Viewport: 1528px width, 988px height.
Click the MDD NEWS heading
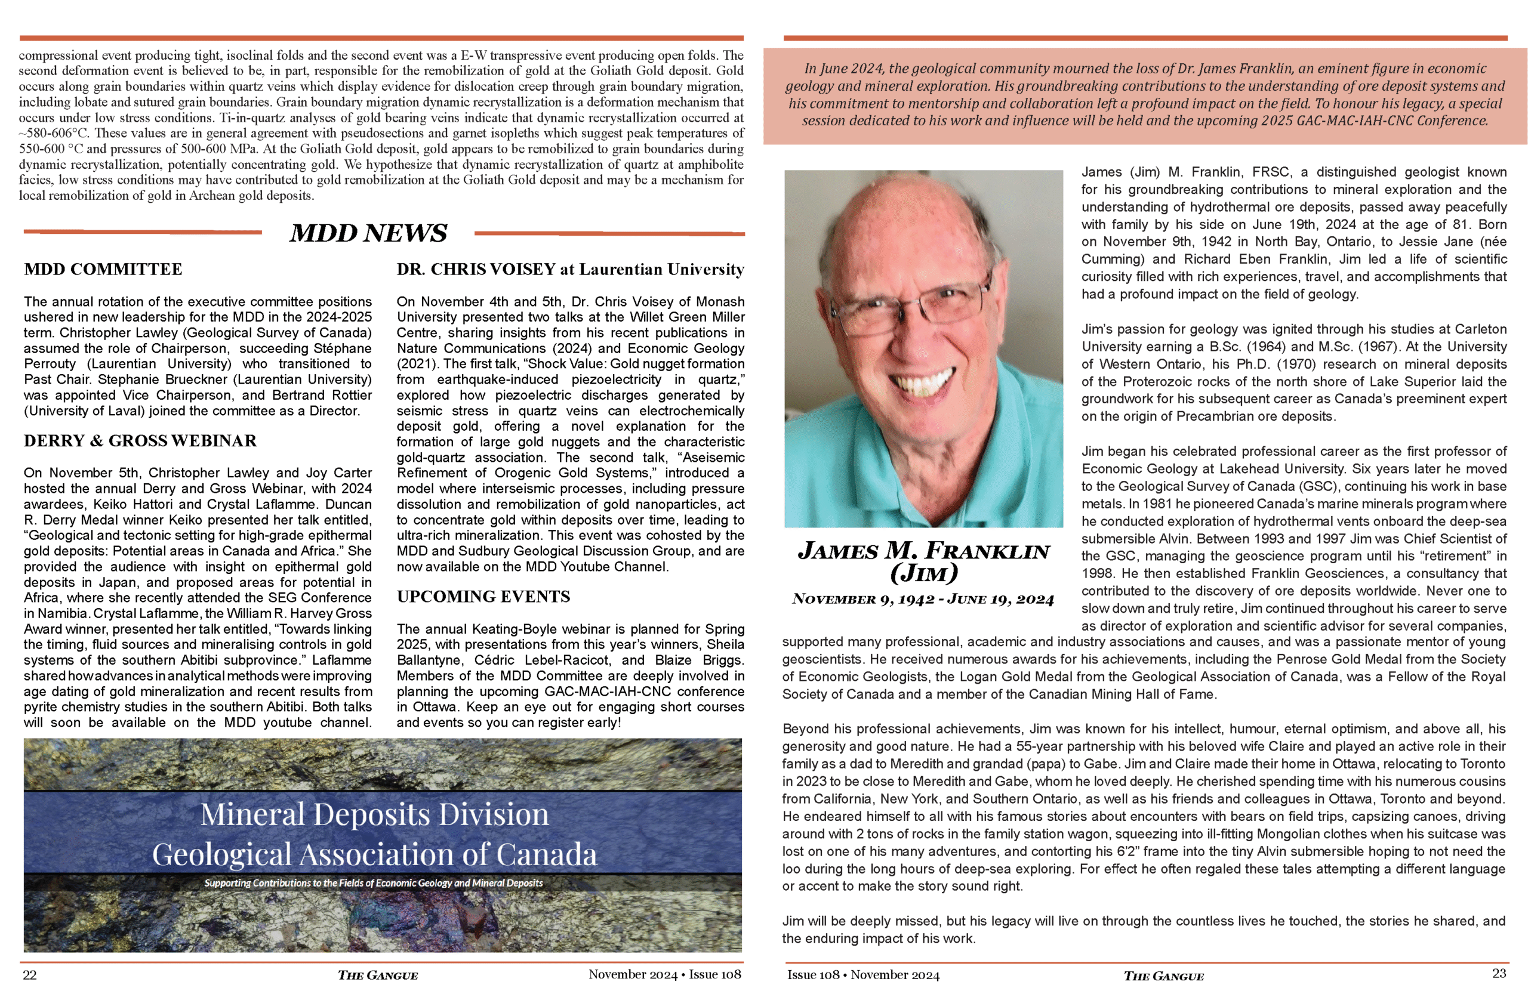[368, 233]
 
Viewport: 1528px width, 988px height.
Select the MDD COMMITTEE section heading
[103, 270]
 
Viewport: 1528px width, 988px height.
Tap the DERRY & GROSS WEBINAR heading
[140, 441]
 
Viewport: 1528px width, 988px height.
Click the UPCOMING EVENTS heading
[483, 597]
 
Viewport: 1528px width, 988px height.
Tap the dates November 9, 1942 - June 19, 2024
[923, 599]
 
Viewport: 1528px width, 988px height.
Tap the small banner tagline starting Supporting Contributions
[374, 884]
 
